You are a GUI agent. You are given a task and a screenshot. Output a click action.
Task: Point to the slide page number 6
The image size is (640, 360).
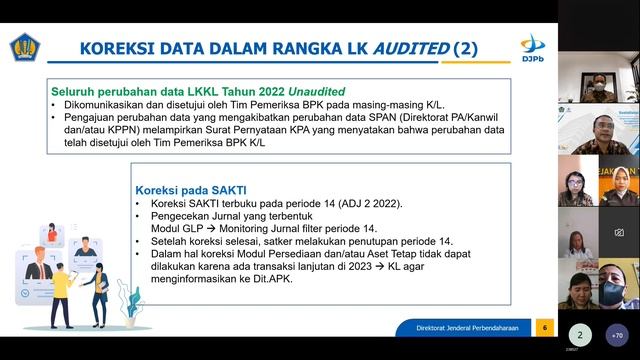coord(545,328)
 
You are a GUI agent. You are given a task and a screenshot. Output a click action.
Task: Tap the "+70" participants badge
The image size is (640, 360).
coord(618,335)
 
